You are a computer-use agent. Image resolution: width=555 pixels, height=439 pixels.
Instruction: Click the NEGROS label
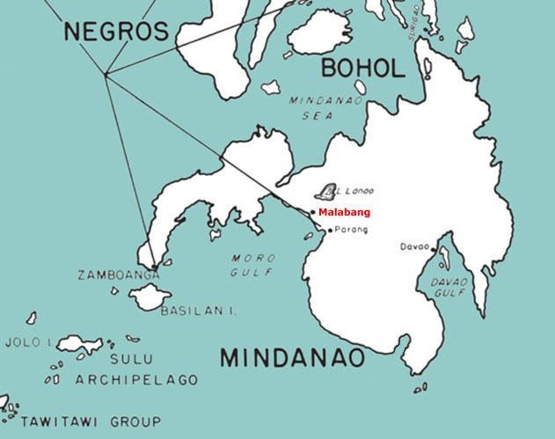pyautogui.click(x=115, y=32)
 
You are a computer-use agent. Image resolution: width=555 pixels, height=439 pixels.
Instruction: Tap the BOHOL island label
pyautogui.click(x=362, y=68)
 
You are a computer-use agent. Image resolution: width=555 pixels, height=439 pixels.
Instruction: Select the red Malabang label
pyautogui.click(x=344, y=212)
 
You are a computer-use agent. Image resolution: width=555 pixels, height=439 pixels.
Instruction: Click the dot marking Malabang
pyautogui.click(x=312, y=212)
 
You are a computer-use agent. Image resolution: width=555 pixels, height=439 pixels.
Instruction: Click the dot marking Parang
pyautogui.click(x=330, y=230)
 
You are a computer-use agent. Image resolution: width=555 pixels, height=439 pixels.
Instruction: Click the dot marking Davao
pyautogui.click(x=433, y=249)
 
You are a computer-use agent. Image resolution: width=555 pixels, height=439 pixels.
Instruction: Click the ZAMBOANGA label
pyautogui.click(x=119, y=275)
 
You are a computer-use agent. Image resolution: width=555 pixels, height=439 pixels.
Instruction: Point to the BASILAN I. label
pyautogui.click(x=199, y=310)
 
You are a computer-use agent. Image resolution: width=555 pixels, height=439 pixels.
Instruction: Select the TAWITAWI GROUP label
pyautogui.click(x=91, y=421)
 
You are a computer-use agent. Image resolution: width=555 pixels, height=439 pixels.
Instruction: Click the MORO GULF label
pyautogui.click(x=252, y=265)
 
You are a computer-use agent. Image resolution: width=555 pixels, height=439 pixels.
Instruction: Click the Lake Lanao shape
pyautogui.click(x=327, y=191)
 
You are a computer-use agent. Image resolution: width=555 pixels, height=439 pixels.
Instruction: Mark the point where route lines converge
pyautogui.click(x=106, y=75)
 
